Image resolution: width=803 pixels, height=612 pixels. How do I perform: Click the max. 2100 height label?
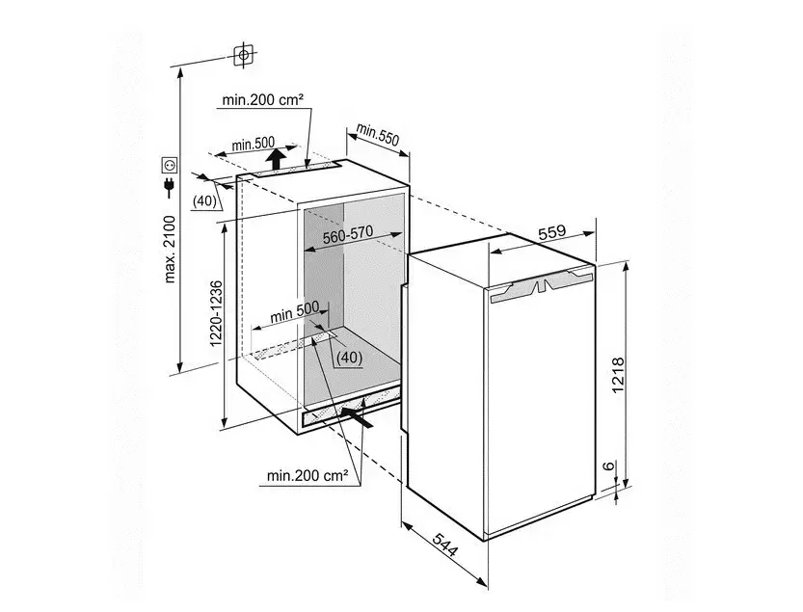tap(170, 250)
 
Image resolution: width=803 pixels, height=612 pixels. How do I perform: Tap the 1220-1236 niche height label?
tap(217, 313)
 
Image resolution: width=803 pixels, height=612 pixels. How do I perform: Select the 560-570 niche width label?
tap(348, 235)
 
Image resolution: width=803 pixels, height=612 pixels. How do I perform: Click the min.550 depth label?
tap(378, 134)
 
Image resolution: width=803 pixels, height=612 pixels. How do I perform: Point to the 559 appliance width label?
tap(552, 232)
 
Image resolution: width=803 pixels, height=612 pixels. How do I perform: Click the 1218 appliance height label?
tap(618, 375)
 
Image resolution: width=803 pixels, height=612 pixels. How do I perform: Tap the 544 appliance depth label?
tap(444, 545)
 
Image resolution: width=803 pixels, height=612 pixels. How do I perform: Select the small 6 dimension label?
tap(608, 466)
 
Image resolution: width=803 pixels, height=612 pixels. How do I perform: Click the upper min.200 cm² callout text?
tap(263, 100)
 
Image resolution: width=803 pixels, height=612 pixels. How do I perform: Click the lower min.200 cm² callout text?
tap(308, 476)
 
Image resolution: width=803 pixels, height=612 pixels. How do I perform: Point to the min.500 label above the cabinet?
tap(253, 144)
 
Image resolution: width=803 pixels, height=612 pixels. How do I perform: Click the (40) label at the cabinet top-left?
tap(204, 201)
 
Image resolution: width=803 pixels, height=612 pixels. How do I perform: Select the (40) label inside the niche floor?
tap(350, 357)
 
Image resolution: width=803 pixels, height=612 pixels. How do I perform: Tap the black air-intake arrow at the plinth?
tap(356, 414)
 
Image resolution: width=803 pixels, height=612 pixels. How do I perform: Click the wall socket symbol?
tap(170, 165)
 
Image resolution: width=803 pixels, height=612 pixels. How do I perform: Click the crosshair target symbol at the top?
tap(244, 54)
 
